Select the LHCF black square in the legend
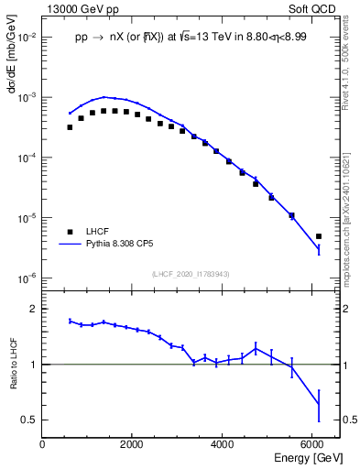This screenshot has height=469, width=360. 70,232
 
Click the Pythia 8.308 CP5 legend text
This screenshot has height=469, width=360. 133,245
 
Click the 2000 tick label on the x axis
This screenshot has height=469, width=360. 133,443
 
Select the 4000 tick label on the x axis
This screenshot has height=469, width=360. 223,443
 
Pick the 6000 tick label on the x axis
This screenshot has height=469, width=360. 313,443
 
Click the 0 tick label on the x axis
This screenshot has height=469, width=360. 42,443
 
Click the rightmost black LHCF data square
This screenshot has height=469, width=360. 319,236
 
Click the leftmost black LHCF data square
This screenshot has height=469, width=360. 70,127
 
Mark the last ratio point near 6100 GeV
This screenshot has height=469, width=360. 319,404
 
